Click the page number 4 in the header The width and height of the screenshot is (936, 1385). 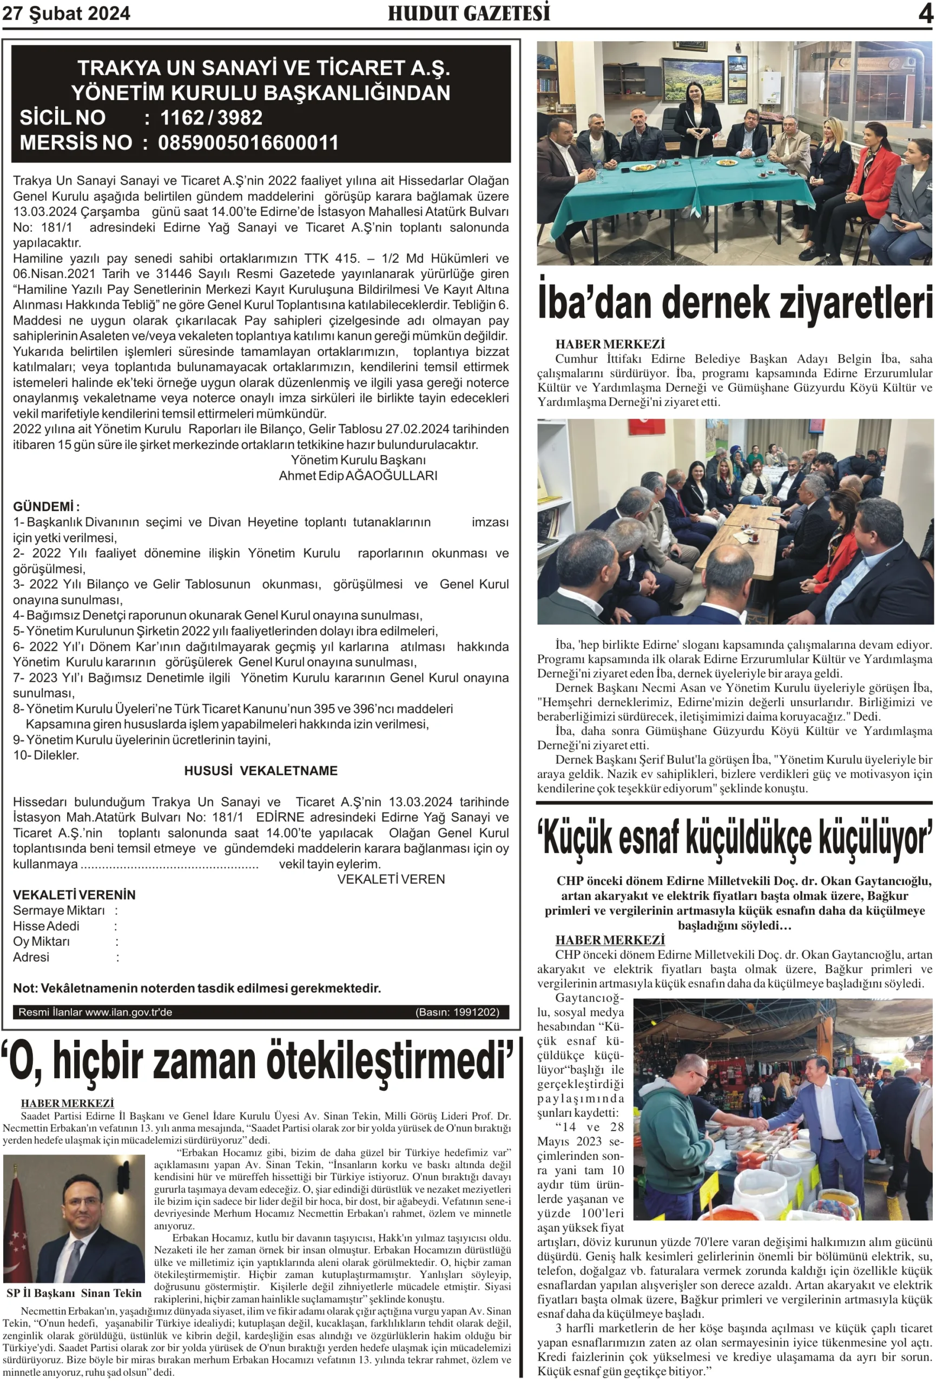[x=925, y=13]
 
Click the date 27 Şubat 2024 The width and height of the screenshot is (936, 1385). [x=66, y=13]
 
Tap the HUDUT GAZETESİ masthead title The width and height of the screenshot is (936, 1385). [x=469, y=13]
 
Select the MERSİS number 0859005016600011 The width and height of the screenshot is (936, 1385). [x=248, y=142]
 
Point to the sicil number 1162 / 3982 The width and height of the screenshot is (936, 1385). [x=211, y=117]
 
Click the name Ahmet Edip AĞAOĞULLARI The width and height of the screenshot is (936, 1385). [x=358, y=476]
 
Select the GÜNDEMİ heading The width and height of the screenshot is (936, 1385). [x=46, y=506]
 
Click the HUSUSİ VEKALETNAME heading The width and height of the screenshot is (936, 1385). [x=260, y=770]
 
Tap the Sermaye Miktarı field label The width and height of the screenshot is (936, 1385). [x=58, y=910]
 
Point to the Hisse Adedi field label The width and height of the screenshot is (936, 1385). [x=46, y=926]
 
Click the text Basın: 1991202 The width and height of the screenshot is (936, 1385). [x=457, y=1011]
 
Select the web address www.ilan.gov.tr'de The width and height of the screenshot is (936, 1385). [x=128, y=1012]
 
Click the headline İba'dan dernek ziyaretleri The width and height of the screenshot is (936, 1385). [x=734, y=303]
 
